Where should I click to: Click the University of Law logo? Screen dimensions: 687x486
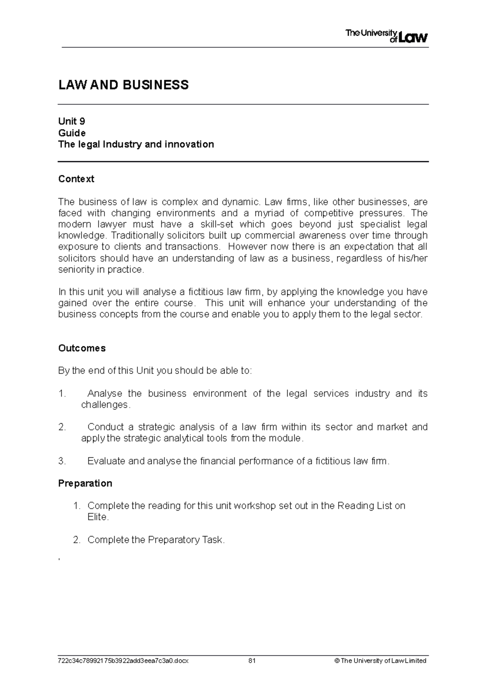[x=386, y=36]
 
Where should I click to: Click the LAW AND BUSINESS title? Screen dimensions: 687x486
[x=124, y=85]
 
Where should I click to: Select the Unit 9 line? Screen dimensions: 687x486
[x=72, y=121]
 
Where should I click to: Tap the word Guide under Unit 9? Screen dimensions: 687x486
[x=72, y=133]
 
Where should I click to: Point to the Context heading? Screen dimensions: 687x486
[x=76, y=179]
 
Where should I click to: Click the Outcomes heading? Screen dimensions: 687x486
[x=82, y=348]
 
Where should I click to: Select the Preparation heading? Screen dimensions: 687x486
[x=85, y=483]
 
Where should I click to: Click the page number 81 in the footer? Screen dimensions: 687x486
[x=252, y=661]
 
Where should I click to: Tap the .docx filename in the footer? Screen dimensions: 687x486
[x=124, y=661]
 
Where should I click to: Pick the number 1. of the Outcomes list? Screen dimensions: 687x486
[x=62, y=394]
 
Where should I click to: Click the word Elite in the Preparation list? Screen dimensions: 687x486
[x=97, y=517]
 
